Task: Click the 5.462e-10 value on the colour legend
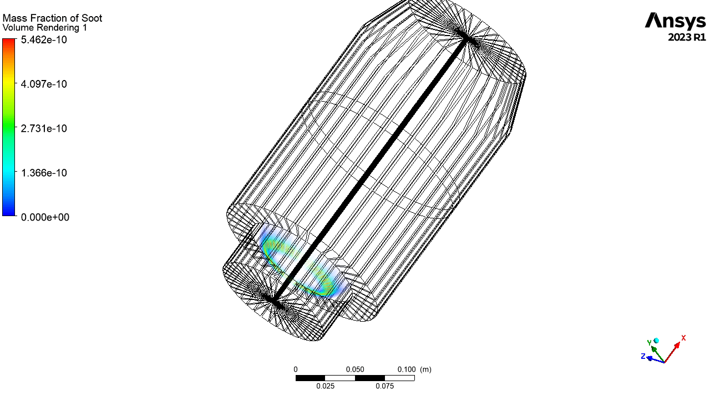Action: pyautogui.click(x=44, y=39)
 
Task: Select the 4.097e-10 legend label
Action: pyautogui.click(x=44, y=84)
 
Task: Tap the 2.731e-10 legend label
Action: pyautogui.click(x=44, y=128)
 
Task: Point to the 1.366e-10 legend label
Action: pyautogui.click(x=44, y=173)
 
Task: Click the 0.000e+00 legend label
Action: pyautogui.click(x=45, y=217)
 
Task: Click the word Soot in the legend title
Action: pyautogui.click(x=92, y=18)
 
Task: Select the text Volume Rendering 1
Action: pyautogui.click(x=45, y=28)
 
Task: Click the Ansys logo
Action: pyautogui.click(x=676, y=22)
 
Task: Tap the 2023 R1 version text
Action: pyautogui.click(x=687, y=37)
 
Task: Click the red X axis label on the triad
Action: pyautogui.click(x=683, y=338)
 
